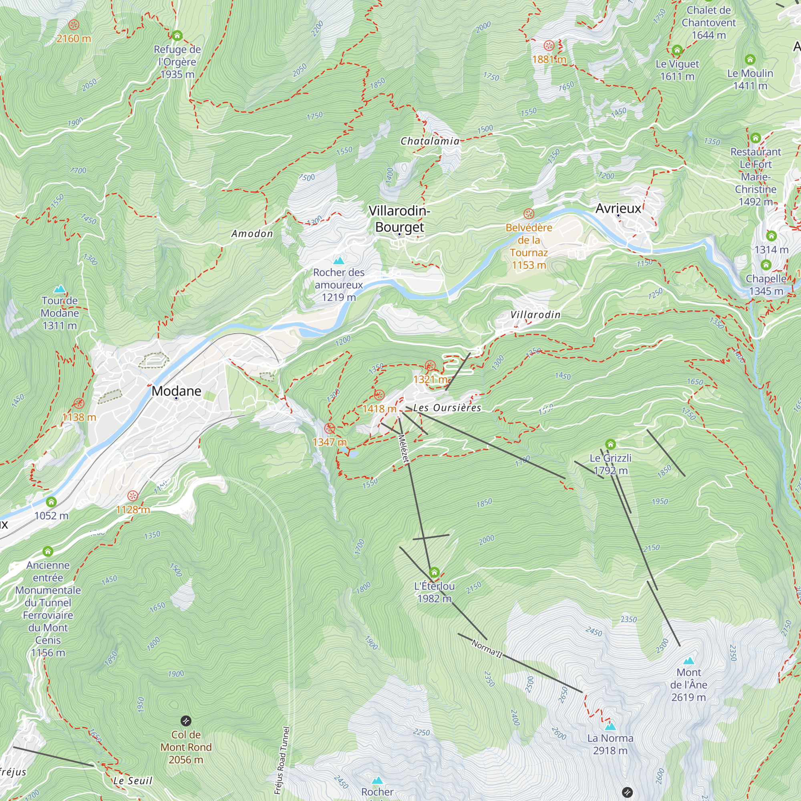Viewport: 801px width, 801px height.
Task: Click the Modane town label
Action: click(x=176, y=391)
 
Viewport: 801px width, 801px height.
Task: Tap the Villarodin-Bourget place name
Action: click(x=399, y=219)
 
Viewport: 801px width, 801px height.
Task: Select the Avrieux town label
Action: click(x=618, y=208)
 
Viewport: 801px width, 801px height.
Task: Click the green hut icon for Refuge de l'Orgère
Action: click(x=177, y=36)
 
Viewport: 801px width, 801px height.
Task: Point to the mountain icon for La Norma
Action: click(x=610, y=727)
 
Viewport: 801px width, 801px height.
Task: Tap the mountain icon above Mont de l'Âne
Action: click(x=688, y=660)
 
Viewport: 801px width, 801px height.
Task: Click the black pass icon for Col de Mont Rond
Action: click(x=186, y=721)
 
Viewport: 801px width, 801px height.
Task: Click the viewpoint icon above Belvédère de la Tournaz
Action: click(x=529, y=214)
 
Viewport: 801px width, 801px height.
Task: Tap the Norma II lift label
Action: click(x=487, y=649)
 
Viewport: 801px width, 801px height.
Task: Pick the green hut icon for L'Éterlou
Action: click(x=434, y=573)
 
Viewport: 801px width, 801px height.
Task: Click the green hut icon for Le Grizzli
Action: click(x=610, y=445)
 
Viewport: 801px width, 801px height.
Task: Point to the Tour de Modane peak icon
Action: click(x=60, y=288)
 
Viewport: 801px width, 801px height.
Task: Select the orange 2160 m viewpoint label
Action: click(x=74, y=38)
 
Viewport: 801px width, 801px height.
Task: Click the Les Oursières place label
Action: click(x=447, y=408)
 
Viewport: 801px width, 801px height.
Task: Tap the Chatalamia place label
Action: click(x=430, y=141)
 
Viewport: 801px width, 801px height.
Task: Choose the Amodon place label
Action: click(x=252, y=234)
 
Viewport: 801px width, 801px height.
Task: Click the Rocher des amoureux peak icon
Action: click(x=339, y=261)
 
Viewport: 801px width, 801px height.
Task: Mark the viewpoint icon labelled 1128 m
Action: click(x=133, y=495)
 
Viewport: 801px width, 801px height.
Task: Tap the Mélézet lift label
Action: click(x=403, y=448)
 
